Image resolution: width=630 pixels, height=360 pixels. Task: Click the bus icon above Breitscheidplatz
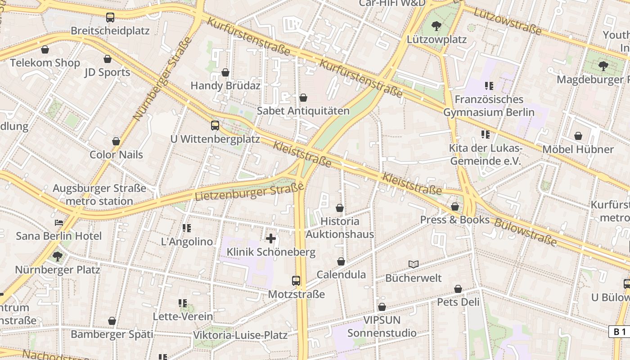click(110, 18)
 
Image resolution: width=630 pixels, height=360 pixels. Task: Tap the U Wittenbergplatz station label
click(215, 139)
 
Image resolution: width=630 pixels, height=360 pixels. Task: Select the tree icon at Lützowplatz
click(436, 26)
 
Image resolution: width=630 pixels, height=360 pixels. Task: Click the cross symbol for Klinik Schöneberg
click(271, 238)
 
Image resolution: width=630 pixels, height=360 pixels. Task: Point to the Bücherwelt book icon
click(414, 264)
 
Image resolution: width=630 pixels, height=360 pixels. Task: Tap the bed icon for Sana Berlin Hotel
click(59, 222)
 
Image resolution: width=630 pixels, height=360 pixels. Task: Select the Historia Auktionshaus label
click(340, 228)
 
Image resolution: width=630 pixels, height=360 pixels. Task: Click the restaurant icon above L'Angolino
click(187, 228)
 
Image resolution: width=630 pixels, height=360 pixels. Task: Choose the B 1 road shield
click(620, 332)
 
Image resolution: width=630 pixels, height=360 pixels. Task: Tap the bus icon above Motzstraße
click(296, 281)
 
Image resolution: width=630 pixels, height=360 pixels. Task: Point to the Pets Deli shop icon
click(458, 289)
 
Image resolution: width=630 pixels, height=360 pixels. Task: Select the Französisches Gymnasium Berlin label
click(489, 106)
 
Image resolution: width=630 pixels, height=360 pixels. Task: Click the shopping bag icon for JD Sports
click(108, 59)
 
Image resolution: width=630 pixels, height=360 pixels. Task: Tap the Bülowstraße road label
click(526, 232)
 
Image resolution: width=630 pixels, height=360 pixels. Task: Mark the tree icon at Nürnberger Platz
click(57, 256)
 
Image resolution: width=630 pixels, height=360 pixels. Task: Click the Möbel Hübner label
click(578, 149)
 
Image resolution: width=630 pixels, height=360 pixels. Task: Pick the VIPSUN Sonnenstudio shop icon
click(382, 307)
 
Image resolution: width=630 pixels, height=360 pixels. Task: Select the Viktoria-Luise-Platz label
click(240, 335)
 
